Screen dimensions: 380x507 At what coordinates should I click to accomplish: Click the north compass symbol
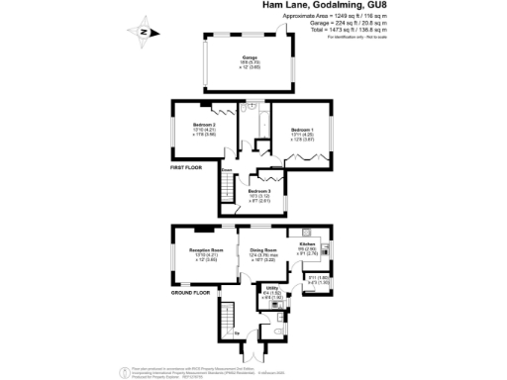tap(144, 32)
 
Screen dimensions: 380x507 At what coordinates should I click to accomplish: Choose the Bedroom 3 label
tap(259, 194)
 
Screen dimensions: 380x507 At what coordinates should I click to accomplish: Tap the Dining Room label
tap(263, 254)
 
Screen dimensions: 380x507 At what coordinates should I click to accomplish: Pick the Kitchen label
tap(306, 246)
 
